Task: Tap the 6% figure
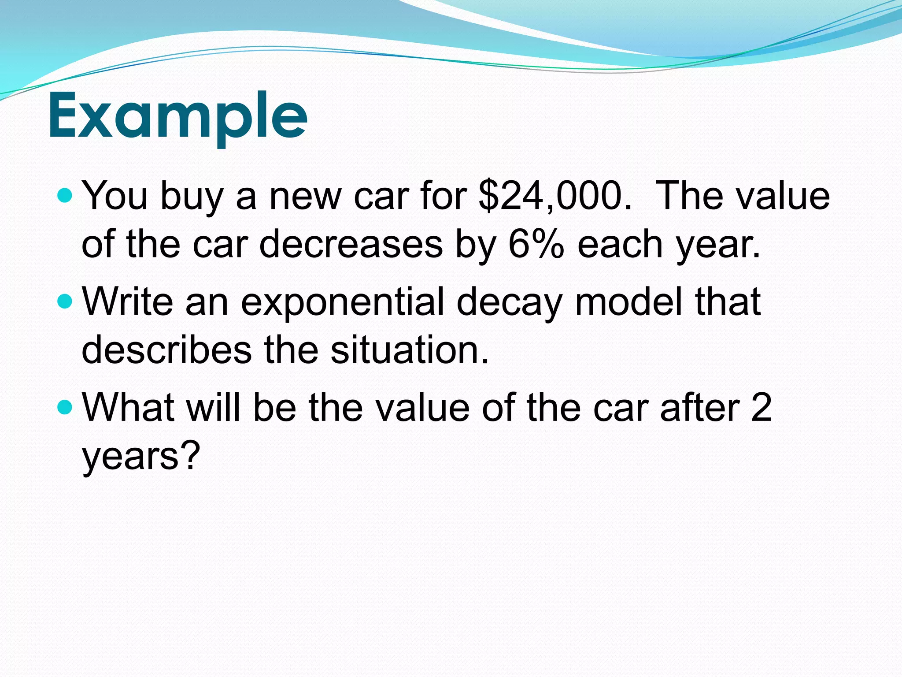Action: pyautogui.click(x=536, y=244)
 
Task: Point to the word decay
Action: pyautogui.click(x=510, y=302)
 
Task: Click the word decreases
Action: pyautogui.click(x=351, y=244)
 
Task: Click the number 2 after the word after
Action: pyautogui.click(x=761, y=408)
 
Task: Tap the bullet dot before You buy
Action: pyautogui.click(x=65, y=195)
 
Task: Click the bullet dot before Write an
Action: pyautogui.click(x=65, y=301)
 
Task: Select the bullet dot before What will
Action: pyautogui.click(x=65, y=407)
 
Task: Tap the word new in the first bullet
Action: pyautogui.click(x=305, y=197)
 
